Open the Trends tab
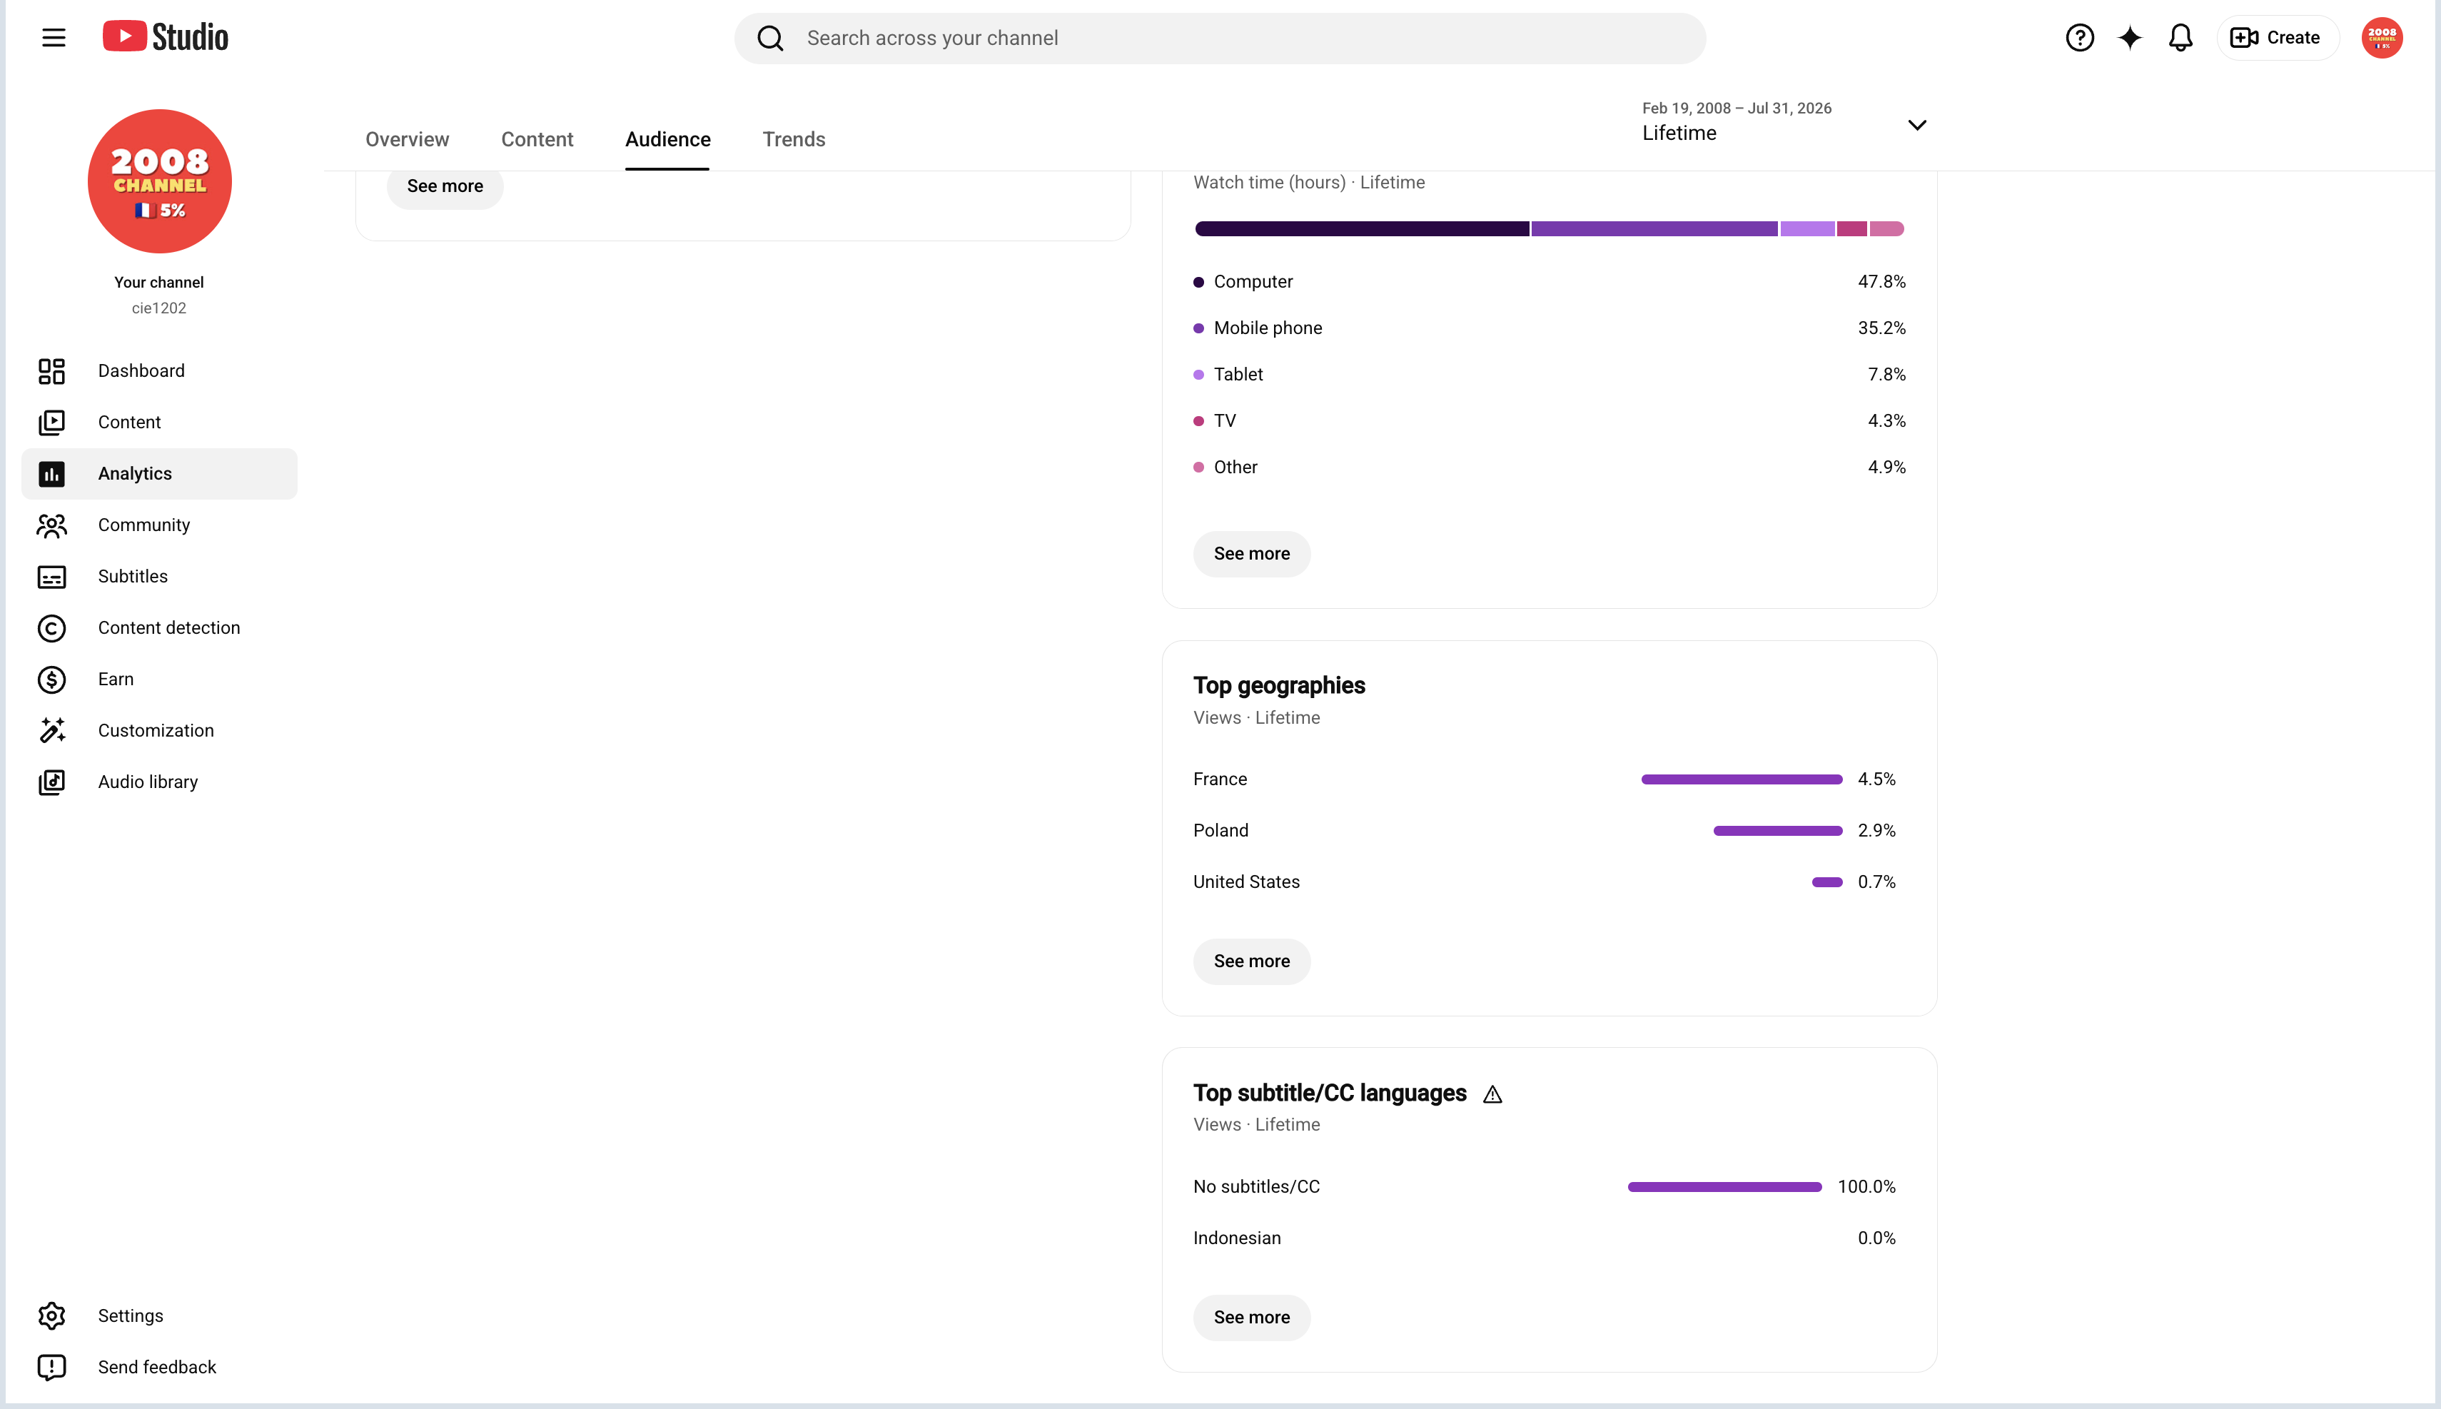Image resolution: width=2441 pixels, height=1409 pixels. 794,139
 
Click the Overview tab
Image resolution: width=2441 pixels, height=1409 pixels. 408,139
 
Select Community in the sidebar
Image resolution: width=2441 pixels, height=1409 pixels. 143,525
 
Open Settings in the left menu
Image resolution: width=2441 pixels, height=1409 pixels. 131,1315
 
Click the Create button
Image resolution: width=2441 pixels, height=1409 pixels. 2278,38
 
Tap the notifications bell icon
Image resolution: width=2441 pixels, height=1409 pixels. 2180,38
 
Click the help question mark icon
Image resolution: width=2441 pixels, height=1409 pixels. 2080,38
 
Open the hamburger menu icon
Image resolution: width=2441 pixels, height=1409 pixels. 54,38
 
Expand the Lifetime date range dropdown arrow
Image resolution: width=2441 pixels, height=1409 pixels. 1916,125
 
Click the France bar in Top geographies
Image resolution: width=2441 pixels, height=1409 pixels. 1742,779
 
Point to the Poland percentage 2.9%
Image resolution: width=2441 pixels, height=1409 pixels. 1876,830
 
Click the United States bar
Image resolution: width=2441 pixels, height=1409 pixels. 1826,882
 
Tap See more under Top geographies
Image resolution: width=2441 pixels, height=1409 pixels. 1252,961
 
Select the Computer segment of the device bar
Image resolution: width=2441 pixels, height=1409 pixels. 1363,228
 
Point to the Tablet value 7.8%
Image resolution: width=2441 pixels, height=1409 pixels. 1886,375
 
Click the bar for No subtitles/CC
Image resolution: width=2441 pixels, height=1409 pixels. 1724,1186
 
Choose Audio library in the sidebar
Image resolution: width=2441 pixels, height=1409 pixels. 147,782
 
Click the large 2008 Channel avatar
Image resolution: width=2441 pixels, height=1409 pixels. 160,181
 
